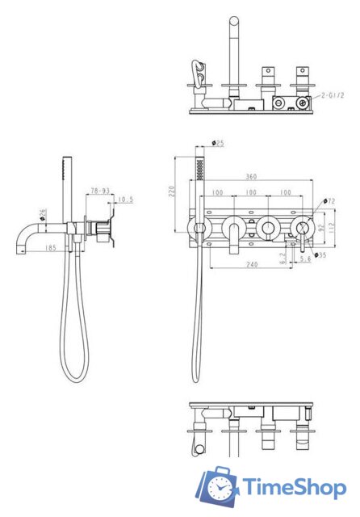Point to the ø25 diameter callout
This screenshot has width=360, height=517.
tap(218, 143)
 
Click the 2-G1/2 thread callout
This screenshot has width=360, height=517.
tap(333, 95)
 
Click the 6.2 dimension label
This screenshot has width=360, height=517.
tap(282, 258)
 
